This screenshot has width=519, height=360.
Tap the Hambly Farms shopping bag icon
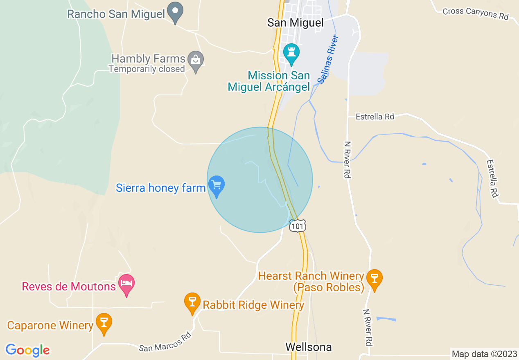coord(196,60)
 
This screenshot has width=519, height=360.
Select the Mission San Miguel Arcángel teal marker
coord(291,53)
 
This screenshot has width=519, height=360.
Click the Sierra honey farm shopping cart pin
coord(217,185)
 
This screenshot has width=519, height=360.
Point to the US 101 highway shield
coord(298,226)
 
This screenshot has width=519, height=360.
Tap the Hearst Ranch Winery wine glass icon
coord(374,279)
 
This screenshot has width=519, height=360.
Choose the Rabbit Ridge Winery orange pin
coord(192,302)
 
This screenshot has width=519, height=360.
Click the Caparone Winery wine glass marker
coord(104,322)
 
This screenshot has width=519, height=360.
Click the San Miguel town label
coord(295,22)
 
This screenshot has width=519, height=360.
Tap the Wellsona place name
coord(308,347)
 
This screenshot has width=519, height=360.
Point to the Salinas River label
coord(328,60)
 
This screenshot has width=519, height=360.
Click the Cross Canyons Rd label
coord(475,13)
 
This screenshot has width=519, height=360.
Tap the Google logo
coord(27,350)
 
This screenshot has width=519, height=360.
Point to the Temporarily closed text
coord(147,69)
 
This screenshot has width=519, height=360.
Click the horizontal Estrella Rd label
coord(375,117)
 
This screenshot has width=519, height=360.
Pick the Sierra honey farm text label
coord(160,188)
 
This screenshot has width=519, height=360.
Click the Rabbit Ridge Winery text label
coord(253,305)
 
